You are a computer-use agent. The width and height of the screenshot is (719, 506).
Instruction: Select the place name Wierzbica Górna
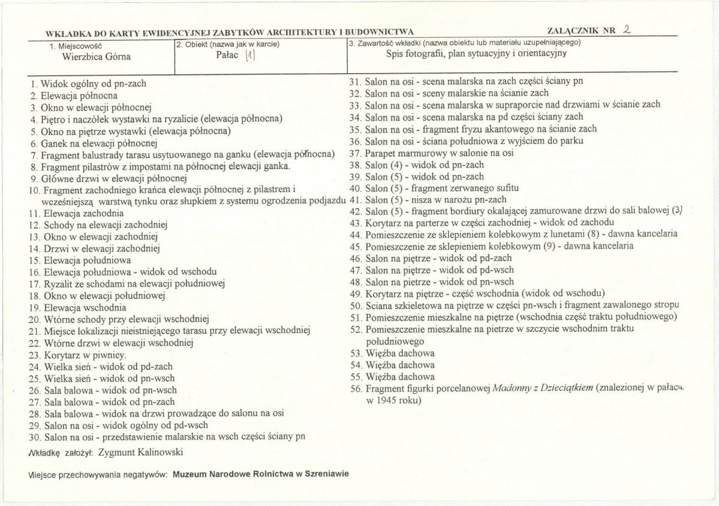pos(97,58)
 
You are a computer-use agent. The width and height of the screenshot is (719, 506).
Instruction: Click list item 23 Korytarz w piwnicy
pos(77,355)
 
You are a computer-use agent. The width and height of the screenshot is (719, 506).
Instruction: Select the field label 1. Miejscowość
pos(77,46)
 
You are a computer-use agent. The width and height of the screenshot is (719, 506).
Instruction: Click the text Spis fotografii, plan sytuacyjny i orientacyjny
pos(477,53)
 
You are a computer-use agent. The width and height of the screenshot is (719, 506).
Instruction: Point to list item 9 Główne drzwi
pos(109,178)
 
